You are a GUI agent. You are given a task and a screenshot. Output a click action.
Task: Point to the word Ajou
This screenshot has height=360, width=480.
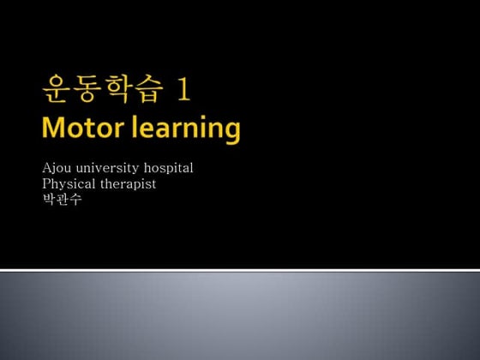(x=55, y=167)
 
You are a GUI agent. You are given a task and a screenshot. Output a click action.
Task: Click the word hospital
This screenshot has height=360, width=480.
(x=169, y=168)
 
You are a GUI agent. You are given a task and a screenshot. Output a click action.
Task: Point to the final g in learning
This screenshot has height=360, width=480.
(x=231, y=132)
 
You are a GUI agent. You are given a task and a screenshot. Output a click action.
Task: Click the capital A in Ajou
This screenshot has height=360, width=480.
(x=46, y=167)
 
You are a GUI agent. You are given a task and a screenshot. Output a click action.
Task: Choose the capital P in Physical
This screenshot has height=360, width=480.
(x=45, y=183)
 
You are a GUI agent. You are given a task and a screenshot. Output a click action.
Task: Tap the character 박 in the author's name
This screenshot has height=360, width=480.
(x=47, y=199)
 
